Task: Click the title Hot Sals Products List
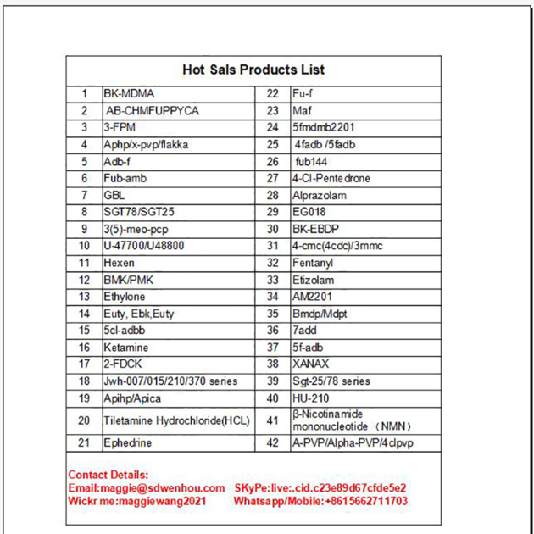click(x=253, y=70)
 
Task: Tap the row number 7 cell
click(x=85, y=196)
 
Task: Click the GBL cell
click(x=114, y=196)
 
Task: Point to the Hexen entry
click(x=119, y=264)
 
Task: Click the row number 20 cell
click(x=84, y=420)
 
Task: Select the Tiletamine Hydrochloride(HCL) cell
click(x=177, y=420)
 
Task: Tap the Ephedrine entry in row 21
click(x=127, y=442)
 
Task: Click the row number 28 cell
click(x=273, y=196)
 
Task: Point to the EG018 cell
click(x=309, y=213)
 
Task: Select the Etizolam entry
click(x=313, y=281)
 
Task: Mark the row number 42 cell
click(x=273, y=442)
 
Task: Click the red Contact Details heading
click(x=108, y=475)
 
